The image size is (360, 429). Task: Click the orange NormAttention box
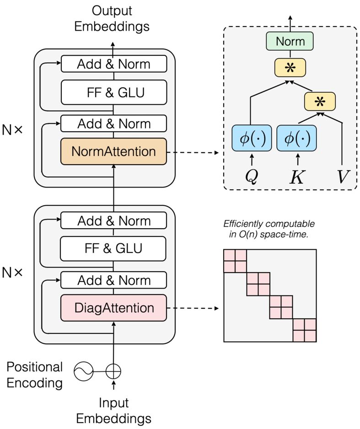point(113,151)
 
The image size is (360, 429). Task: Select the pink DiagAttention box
point(113,308)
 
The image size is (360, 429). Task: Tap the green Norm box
point(290,42)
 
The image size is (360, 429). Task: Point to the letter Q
point(251,176)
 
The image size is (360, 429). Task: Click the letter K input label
point(297,176)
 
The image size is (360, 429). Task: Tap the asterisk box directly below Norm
point(290,67)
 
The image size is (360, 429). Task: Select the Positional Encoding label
point(34,375)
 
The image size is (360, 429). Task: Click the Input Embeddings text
point(113,411)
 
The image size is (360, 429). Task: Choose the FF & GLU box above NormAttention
point(113,92)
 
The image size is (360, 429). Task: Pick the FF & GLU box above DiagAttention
point(113,248)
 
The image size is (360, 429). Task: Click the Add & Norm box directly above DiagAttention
point(113,280)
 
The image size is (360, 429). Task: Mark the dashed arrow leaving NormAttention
point(192,151)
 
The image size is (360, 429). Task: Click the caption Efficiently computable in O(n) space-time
point(269,230)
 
